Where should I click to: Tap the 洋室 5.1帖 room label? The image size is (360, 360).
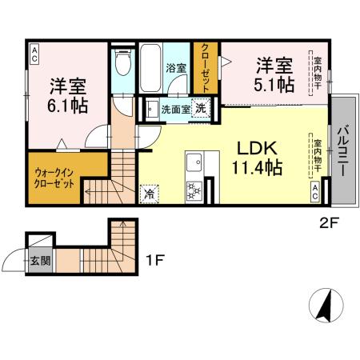tap(274, 72)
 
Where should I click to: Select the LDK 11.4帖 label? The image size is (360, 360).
tap(256, 158)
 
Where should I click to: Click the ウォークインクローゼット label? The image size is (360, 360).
tap(54, 177)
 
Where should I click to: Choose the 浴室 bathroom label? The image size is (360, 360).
tap(176, 68)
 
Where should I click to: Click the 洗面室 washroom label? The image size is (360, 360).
tap(174, 109)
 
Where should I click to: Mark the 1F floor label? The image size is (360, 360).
tap(156, 260)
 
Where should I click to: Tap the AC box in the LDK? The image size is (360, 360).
tap(316, 190)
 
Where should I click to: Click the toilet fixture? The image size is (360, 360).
tap(122, 62)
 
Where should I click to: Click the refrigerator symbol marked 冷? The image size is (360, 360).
tap(149, 192)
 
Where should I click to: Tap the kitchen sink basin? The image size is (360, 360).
tap(194, 166)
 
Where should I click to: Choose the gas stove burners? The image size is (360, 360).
tap(194, 190)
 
